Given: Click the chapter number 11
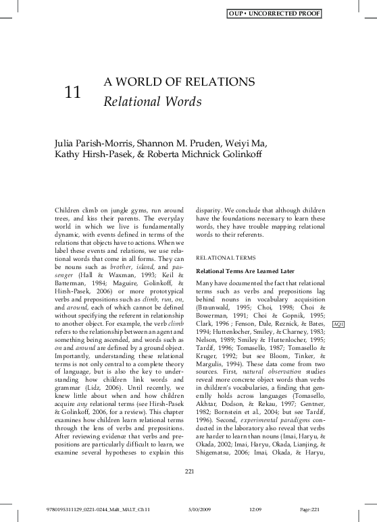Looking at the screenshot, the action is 72,94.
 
